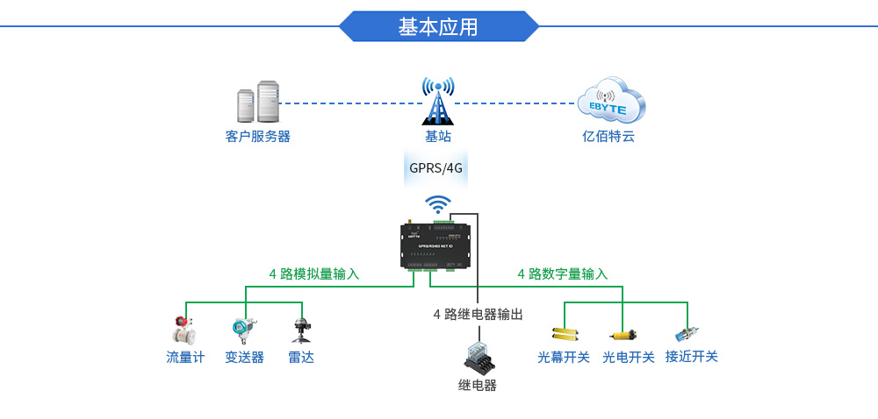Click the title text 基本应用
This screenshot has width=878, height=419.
click(x=438, y=26)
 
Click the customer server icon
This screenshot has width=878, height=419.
click(x=257, y=103)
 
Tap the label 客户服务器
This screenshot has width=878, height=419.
click(x=257, y=137)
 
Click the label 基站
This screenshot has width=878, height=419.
click(x=437, y=137)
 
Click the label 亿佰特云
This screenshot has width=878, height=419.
click(x=608, y=137)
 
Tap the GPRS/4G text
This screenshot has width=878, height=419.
click(x=435, y=167)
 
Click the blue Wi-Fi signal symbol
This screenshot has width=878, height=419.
click(x=438, y=205)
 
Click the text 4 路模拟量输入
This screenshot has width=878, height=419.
click(x=313, y=273)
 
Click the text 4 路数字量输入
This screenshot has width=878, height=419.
click(x=562, y=273)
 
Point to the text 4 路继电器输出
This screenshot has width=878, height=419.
click(x=478, y=314)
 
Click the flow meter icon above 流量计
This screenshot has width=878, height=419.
click(x=184, y=331)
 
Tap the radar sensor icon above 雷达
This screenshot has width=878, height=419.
click(x=301, y=330)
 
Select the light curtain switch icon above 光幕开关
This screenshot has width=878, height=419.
click(x=564, y=334)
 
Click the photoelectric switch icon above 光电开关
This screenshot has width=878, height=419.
click(x=623, y=334)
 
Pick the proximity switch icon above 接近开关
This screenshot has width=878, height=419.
click(x=687, y=334)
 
